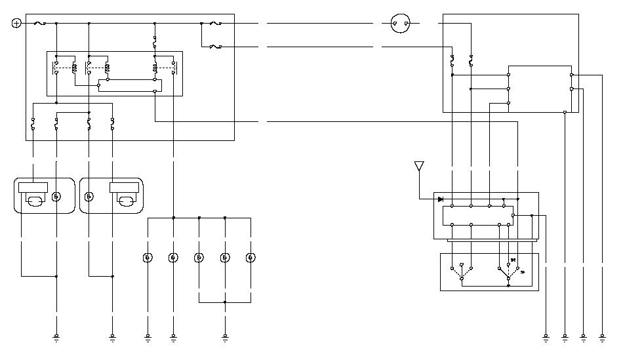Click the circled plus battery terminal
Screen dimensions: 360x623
16,24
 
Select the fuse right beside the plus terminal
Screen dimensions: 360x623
39,24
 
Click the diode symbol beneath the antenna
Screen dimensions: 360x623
441,199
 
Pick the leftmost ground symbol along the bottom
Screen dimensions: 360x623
56,338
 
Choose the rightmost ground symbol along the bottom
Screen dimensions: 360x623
603,338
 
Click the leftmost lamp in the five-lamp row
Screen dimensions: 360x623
148,258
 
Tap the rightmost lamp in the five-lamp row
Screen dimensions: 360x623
250,258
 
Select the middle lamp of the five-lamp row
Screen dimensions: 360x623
199,258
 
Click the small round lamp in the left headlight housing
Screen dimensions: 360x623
56,196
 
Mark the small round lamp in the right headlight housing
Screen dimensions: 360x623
89,196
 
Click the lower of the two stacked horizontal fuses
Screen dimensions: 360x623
214,47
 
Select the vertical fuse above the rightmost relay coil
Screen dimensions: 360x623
155,43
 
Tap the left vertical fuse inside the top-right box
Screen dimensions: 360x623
452,61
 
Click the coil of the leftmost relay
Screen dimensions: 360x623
73,68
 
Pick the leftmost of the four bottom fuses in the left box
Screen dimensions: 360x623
33,123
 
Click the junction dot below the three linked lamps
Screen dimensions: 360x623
224,302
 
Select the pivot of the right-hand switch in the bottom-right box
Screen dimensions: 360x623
508,279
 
